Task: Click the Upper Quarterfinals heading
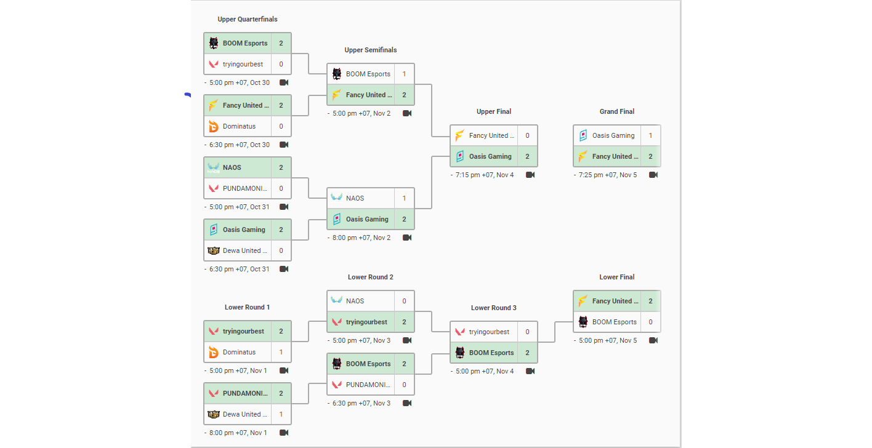coord(247,19)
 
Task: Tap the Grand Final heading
coord(616,111)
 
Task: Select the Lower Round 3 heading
coord(494,308)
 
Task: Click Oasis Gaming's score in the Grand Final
coord(650,135)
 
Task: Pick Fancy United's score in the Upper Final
coord(528,135)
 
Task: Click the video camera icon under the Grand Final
coord(653,175)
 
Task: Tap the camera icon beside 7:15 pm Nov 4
coord(530,175)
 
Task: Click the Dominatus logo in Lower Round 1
coord(214,353)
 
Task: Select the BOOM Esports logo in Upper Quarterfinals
coord(214,43)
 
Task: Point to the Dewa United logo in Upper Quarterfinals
coord(214,251)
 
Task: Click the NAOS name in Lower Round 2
coord(355,301)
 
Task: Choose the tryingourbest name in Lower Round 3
coord(489,332)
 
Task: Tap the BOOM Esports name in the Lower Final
coord(615,322)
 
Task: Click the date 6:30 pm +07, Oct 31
coord(239,269)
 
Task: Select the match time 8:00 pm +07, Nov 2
coord(361,238)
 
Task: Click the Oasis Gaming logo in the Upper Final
coord(460,156)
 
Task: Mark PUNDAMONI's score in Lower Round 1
coord(281,393)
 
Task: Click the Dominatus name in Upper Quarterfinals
coord(239,126)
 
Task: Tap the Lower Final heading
coord(616,278)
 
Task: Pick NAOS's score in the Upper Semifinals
coord(404,198)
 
